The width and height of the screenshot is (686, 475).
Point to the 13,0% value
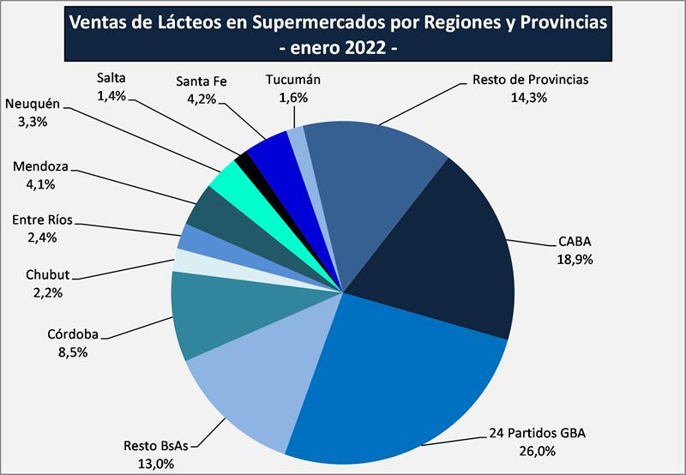click(154, 464)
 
